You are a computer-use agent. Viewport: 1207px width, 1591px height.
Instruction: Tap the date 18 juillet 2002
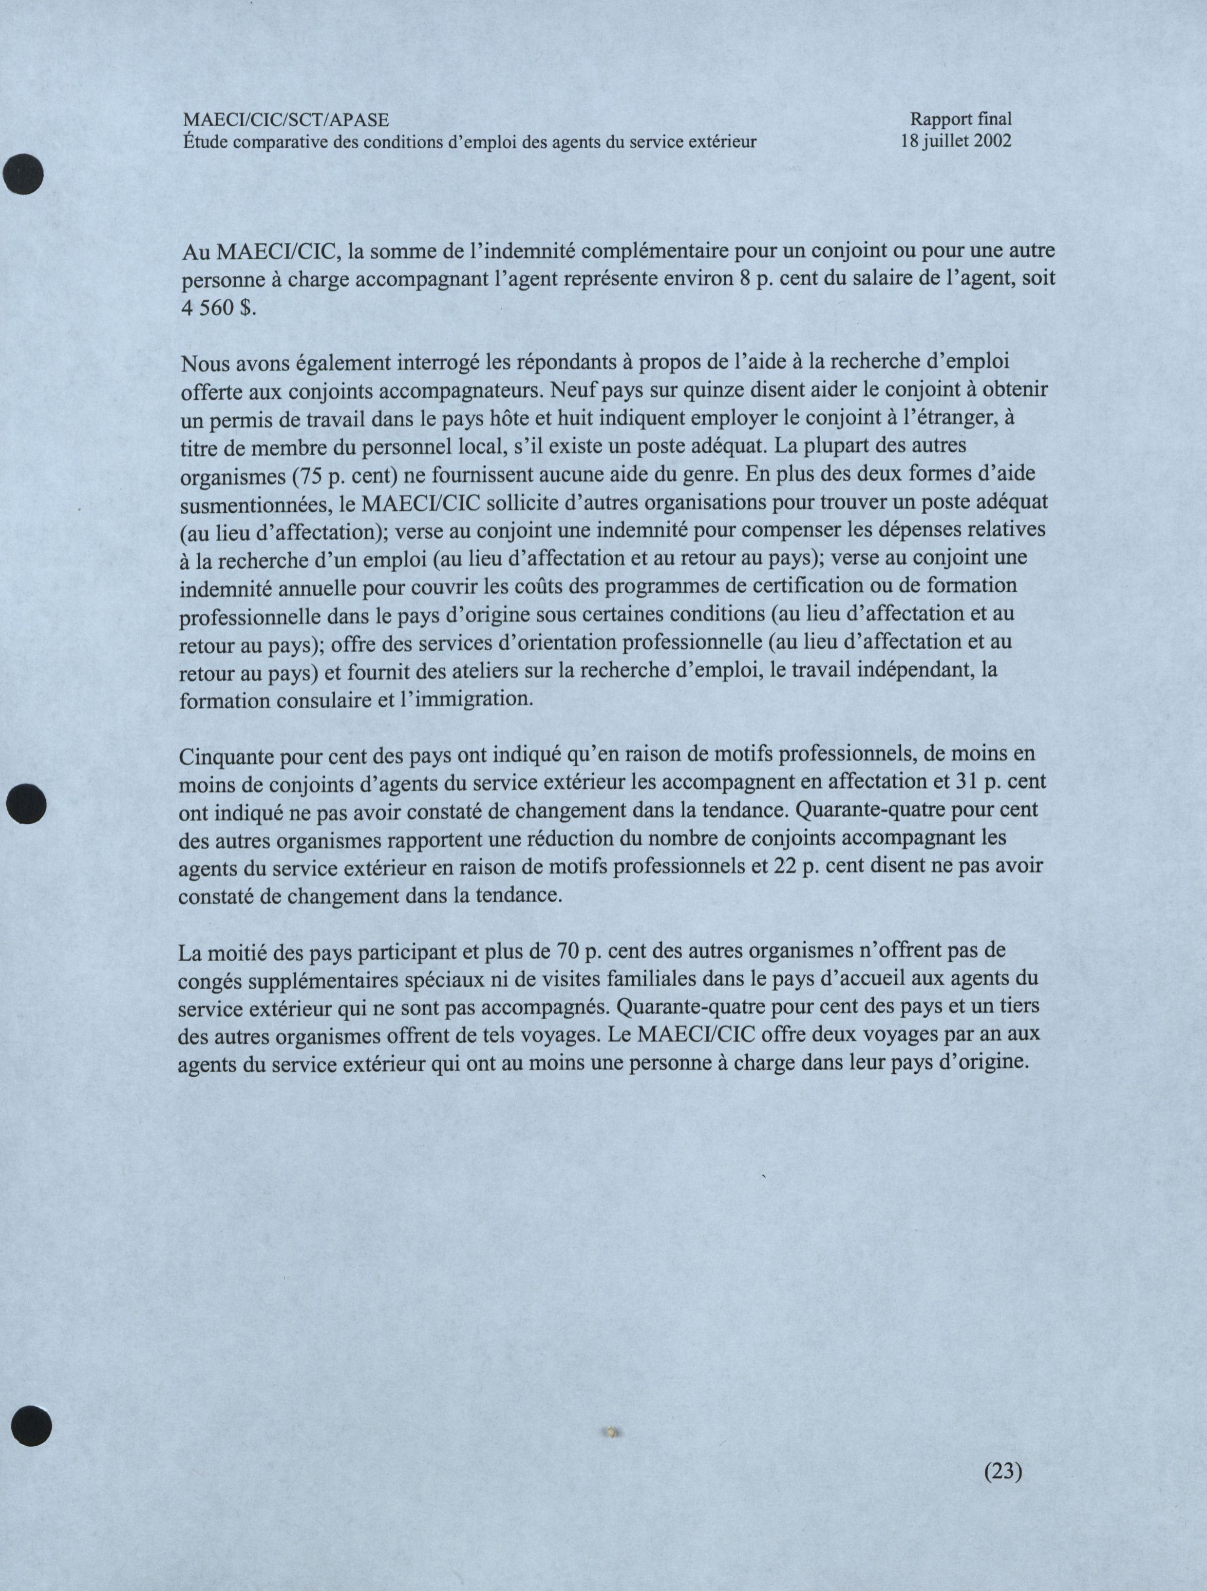(956, 140)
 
